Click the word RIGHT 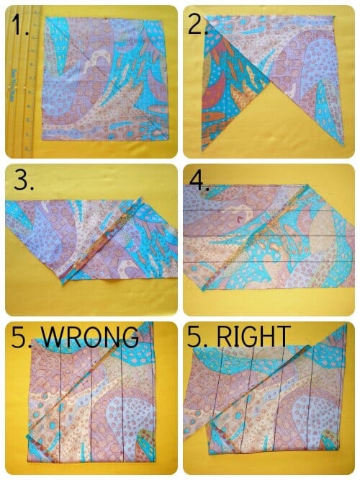point(253,336)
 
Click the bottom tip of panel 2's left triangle point(203,150)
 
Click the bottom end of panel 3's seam point(63,283)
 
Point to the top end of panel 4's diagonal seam point(307,186)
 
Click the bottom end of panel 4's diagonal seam point(203,290)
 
